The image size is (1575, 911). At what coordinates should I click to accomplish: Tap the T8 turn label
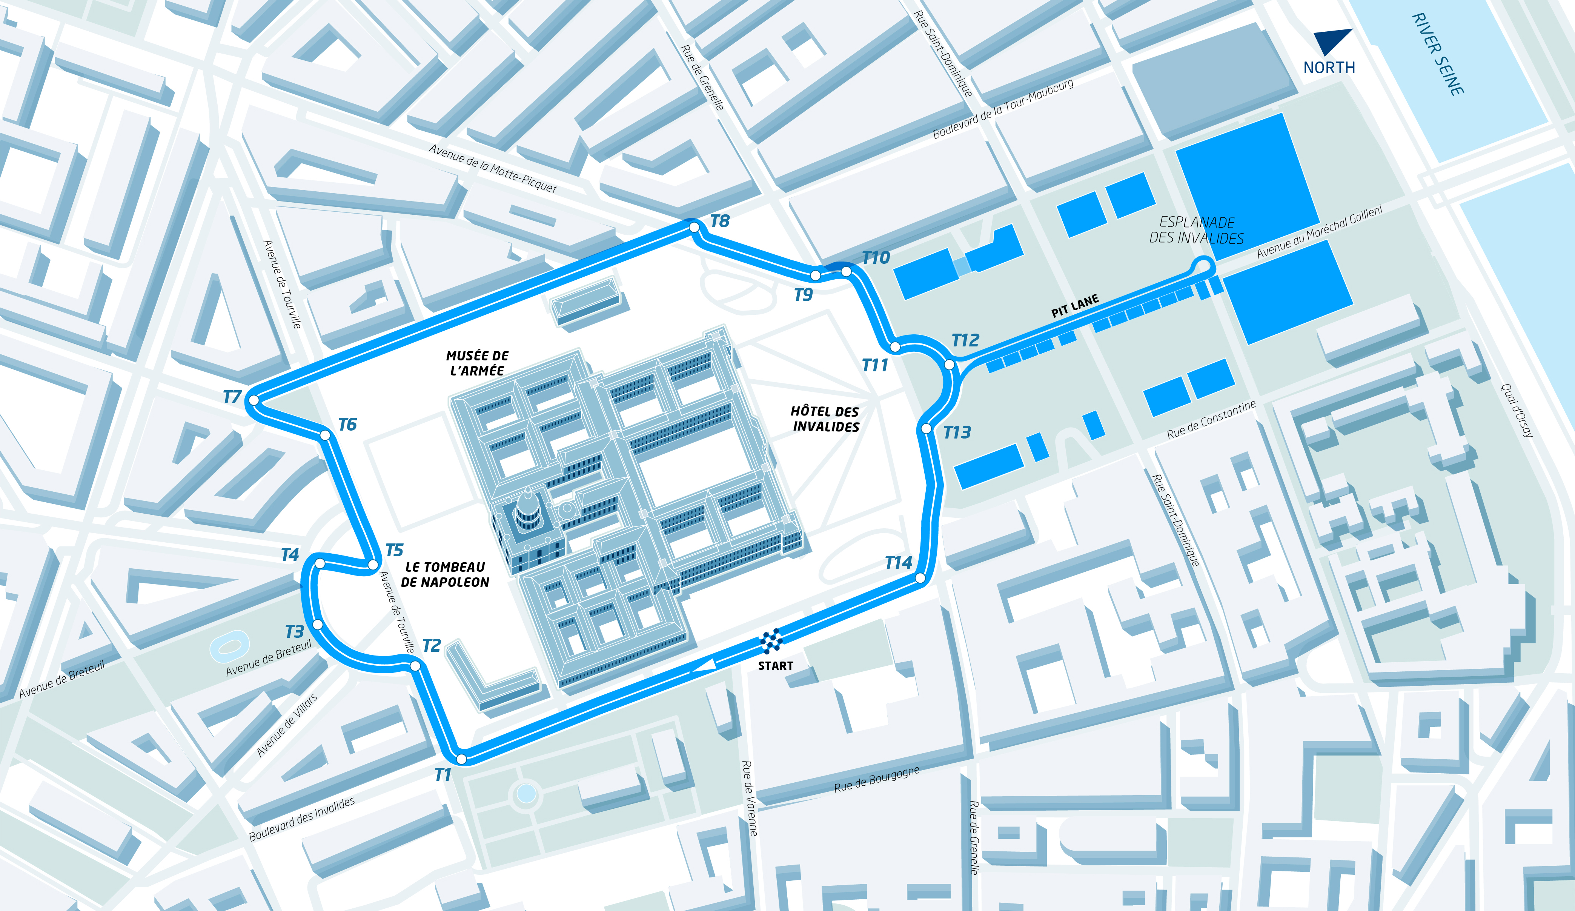pos(720,222)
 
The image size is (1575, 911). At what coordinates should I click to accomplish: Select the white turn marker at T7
pos(254,400)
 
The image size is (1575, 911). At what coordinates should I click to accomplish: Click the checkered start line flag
pos(771,641)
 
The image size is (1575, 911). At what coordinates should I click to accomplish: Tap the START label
pos(776,666)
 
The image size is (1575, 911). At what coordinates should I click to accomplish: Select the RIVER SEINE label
pos(1438,54)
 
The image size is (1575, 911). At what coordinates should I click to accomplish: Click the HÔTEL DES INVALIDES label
pos(825,419)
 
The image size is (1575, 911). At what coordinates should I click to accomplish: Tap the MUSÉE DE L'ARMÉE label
pos(478,363)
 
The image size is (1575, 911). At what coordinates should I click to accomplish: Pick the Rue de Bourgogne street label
pos(876,779)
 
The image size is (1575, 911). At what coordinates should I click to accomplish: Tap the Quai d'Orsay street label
pos(1517,410)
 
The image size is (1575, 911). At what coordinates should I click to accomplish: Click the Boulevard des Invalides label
pos(302,819)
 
